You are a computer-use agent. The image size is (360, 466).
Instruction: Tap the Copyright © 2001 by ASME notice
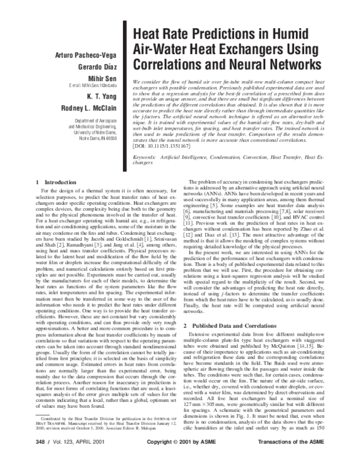pyautogui.click(x=179, y=458)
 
